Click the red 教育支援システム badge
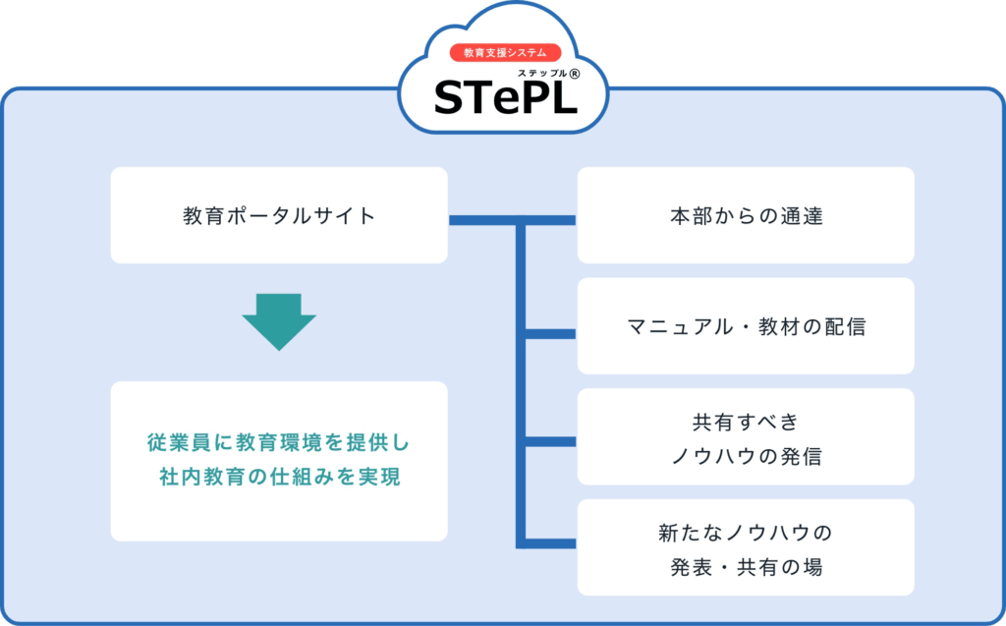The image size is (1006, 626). [505, 53]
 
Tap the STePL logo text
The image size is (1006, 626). [505, 95]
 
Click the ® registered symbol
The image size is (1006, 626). [575, 73]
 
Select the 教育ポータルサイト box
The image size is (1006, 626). [279, 215]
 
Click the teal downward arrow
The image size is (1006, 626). [279, 320]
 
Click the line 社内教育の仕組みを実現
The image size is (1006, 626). [279, 478]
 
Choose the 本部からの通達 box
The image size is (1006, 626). [746, 215]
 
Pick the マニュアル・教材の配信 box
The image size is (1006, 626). [746, 326]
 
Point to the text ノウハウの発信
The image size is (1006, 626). [746, 456]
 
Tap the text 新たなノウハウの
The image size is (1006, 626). [746, 534]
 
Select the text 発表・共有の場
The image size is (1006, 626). [746, 567]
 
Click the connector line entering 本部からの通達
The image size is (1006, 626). [550, 219]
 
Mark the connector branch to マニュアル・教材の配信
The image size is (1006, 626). [550, 333]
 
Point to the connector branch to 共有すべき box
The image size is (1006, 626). [550, 440]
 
